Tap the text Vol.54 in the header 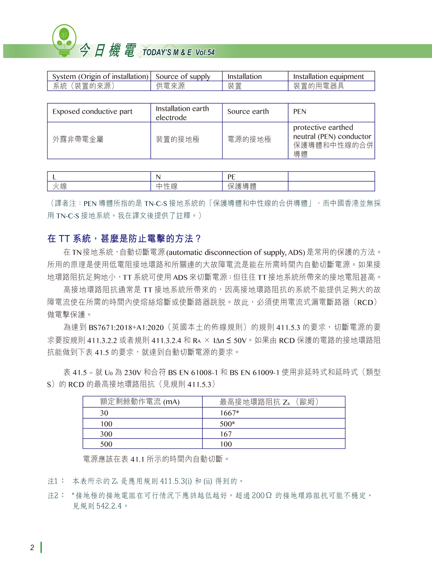(x=205, y=52)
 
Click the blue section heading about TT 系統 (x=124, y=238)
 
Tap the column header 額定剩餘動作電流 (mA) (x=140, y=402)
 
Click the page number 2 (x=32, y=548)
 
